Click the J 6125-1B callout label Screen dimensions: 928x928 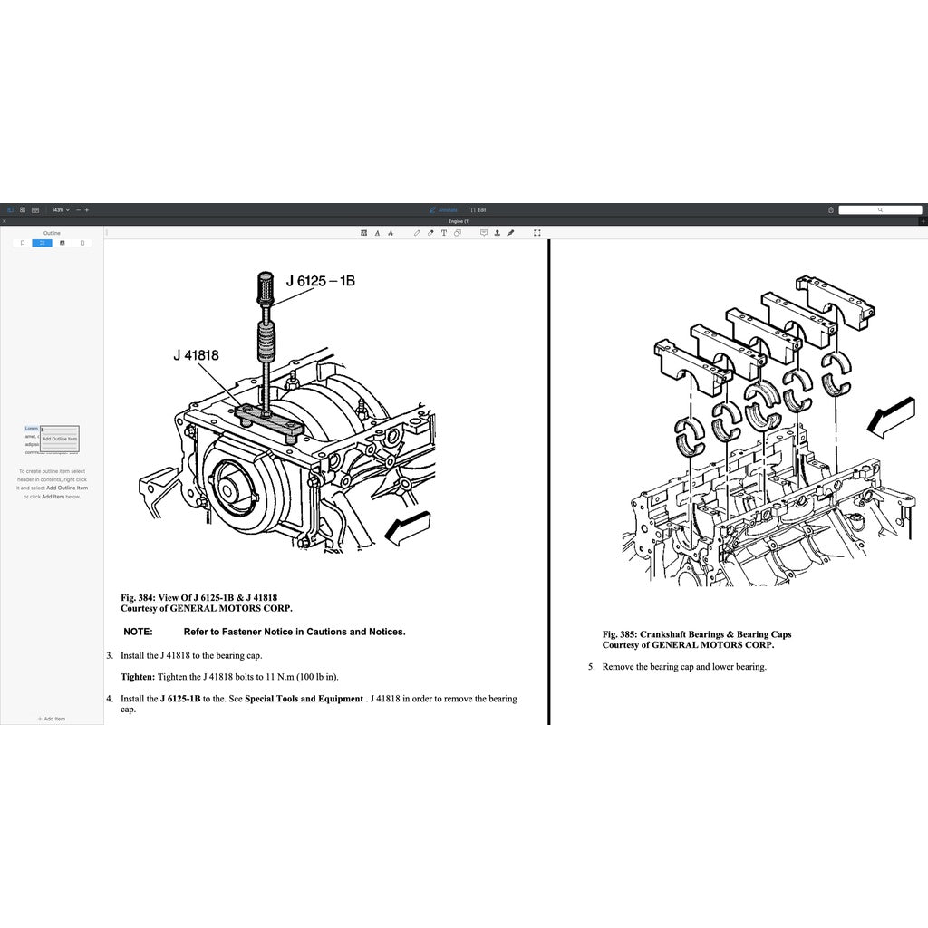321,281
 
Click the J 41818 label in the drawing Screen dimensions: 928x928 197,356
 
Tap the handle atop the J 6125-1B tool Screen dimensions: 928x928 267,291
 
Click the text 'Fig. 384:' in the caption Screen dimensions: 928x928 138,598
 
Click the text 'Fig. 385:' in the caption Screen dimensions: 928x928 620,634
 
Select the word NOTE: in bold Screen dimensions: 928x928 138,632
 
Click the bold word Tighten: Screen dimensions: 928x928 138,677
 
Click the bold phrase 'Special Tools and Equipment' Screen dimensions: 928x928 304,699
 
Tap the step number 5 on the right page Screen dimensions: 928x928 591,667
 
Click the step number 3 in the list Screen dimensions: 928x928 109,655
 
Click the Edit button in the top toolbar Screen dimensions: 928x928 478,209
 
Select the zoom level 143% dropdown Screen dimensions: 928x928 60,209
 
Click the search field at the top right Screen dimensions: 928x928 879,209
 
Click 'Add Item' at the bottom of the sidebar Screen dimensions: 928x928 52,719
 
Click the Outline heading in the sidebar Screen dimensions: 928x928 52,233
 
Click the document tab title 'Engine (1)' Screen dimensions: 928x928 460,221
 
